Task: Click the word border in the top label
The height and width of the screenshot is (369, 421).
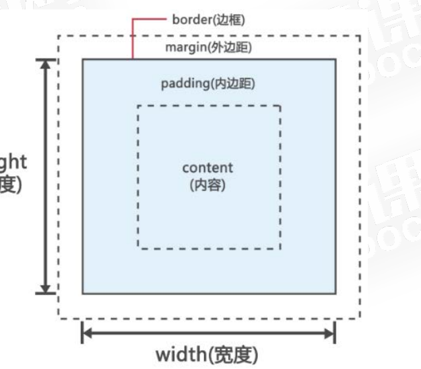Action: pos(191,20)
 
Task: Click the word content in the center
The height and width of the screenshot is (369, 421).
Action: pos(207,167)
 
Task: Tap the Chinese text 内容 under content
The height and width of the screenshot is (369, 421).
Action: pos(207,184)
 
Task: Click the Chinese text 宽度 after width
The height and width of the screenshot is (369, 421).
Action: pos(231,353)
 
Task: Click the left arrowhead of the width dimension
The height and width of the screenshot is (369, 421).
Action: pos(86,333)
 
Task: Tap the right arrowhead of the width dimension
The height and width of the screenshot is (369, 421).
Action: pos(331,333)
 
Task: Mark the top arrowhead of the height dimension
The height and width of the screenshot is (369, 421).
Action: pos(46,64)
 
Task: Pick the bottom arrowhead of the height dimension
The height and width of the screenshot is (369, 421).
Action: pos(46,288)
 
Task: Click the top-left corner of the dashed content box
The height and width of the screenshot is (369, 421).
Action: pos(138,106)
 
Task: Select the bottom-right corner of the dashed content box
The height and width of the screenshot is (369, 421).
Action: pos(280,249)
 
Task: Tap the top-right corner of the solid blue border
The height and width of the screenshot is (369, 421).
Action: pos(335,59)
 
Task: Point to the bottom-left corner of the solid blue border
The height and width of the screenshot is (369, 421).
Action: pos(83,293)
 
